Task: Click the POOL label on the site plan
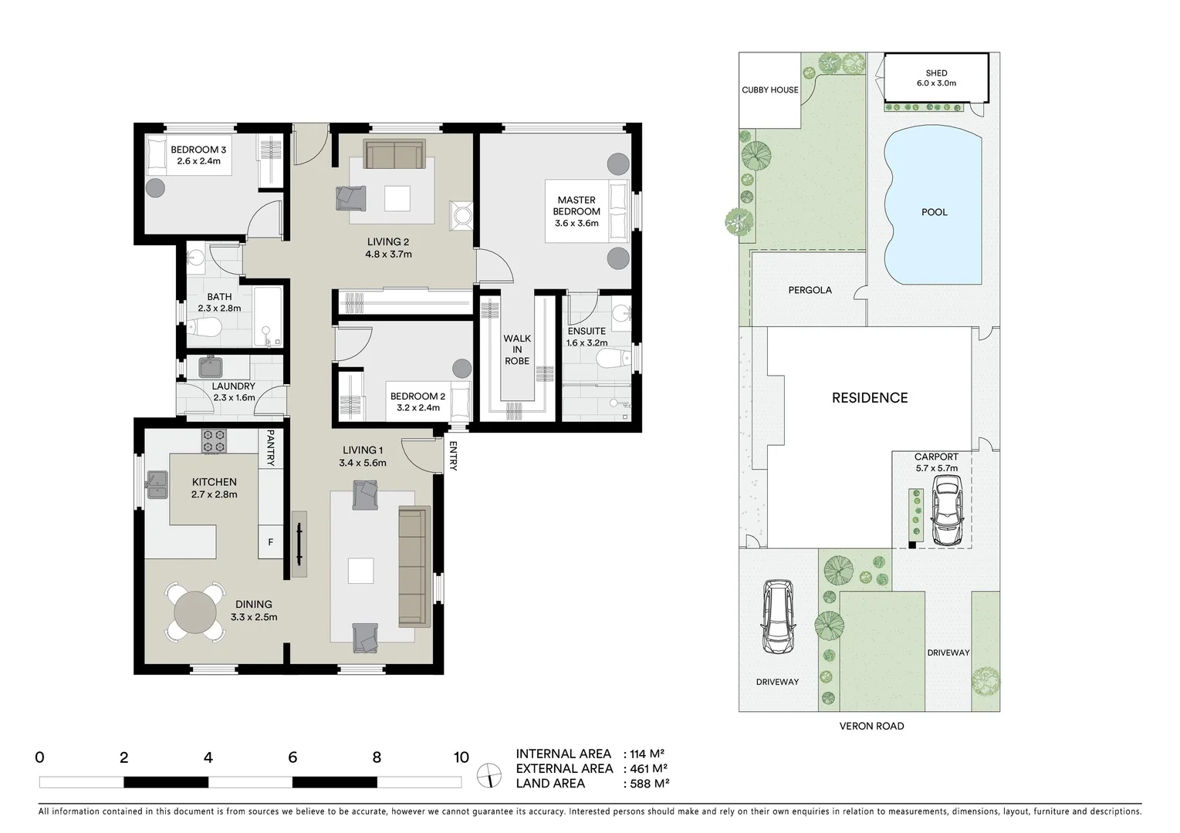(934, 212)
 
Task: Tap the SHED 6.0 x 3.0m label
(936, 78)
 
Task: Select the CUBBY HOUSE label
(769, 90)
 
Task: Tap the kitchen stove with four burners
(215, 441)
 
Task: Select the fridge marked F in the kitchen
(270, 542)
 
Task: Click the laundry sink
(210, 366)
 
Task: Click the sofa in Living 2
(394, 154)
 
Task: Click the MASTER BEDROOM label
(576, 211)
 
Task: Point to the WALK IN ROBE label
(517, 349)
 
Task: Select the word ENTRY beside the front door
(452, 456)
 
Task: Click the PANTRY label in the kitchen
(270, 448)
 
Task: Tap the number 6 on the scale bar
(292, 757)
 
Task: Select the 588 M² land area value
(646, 784)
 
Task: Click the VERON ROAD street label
(871, 726)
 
